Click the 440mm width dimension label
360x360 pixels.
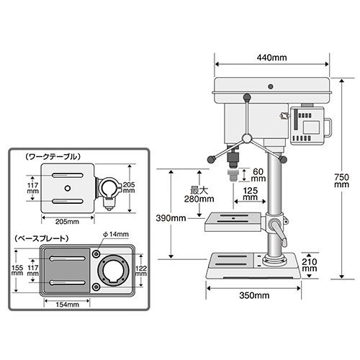(271, 58)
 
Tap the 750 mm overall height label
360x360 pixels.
(341, 181)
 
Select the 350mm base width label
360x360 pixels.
(254, 295)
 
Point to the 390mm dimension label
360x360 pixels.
(171, 218)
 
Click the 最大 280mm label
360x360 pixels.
(199, 194)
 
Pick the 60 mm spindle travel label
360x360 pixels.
(258, 175)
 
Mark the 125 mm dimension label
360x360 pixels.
(251, 194)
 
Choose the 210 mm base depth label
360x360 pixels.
(310, 265)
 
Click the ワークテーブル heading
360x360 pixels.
(53, 157)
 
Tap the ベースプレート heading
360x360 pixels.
(41, 238)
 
